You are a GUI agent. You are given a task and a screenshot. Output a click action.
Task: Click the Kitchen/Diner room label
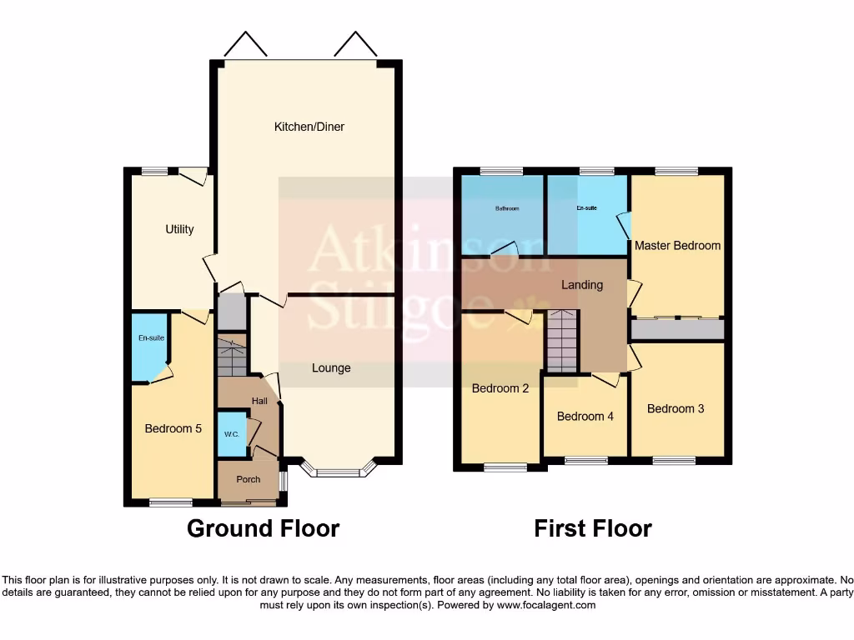309,127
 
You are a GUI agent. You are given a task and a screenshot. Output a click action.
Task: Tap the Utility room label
179,229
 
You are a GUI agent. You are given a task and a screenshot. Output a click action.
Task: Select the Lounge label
331,368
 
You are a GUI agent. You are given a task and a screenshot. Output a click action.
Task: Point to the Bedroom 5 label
173,429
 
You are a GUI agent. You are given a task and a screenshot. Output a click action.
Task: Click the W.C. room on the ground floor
231,434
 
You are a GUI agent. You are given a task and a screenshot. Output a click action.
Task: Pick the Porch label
248,479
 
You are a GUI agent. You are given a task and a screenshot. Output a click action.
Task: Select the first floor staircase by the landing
562,340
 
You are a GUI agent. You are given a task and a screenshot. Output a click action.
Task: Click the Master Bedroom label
677,246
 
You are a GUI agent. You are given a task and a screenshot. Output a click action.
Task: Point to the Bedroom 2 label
500,387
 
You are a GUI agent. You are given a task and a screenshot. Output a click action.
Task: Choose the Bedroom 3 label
676,408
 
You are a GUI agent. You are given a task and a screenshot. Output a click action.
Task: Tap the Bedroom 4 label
585,416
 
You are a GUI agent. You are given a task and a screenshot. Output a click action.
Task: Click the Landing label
581,285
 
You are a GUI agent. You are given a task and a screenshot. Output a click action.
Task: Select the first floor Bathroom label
506,209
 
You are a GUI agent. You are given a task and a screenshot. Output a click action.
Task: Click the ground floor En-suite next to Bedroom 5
151,338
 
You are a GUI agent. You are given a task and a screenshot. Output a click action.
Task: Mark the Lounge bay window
338,472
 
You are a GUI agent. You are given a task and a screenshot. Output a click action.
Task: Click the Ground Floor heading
263,528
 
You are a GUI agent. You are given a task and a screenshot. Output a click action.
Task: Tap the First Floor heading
593,528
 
